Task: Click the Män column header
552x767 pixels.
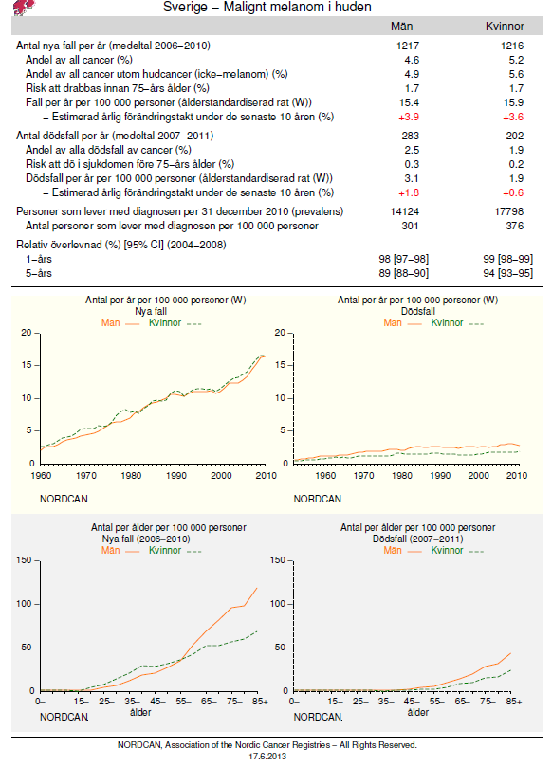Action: [402, 27]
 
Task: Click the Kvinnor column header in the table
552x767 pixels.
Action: [505, 27]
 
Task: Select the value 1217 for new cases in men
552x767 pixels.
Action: [408, 46]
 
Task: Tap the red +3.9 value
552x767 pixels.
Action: [409, 117]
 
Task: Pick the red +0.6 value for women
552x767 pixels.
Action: [513, 192]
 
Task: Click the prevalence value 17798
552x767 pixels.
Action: [509, 211]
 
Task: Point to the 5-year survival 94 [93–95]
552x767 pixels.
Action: [508, 273]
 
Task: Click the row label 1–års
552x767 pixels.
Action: [39, 259]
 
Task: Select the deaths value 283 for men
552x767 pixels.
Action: [410, 136]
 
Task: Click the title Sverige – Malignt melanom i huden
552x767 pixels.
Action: [267, 7]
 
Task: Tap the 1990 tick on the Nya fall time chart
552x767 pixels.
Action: [176, 475]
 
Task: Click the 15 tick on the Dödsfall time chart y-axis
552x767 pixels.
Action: [280, 365]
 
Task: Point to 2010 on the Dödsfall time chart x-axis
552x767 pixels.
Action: [517, 475]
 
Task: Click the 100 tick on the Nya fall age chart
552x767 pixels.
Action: [24, 604]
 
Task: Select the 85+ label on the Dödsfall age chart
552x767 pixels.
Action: [514, 702]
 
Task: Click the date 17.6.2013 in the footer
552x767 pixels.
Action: [267, 757]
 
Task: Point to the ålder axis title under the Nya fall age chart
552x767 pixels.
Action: [140, 712]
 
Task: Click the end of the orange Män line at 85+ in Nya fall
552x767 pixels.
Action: [257, 588]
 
